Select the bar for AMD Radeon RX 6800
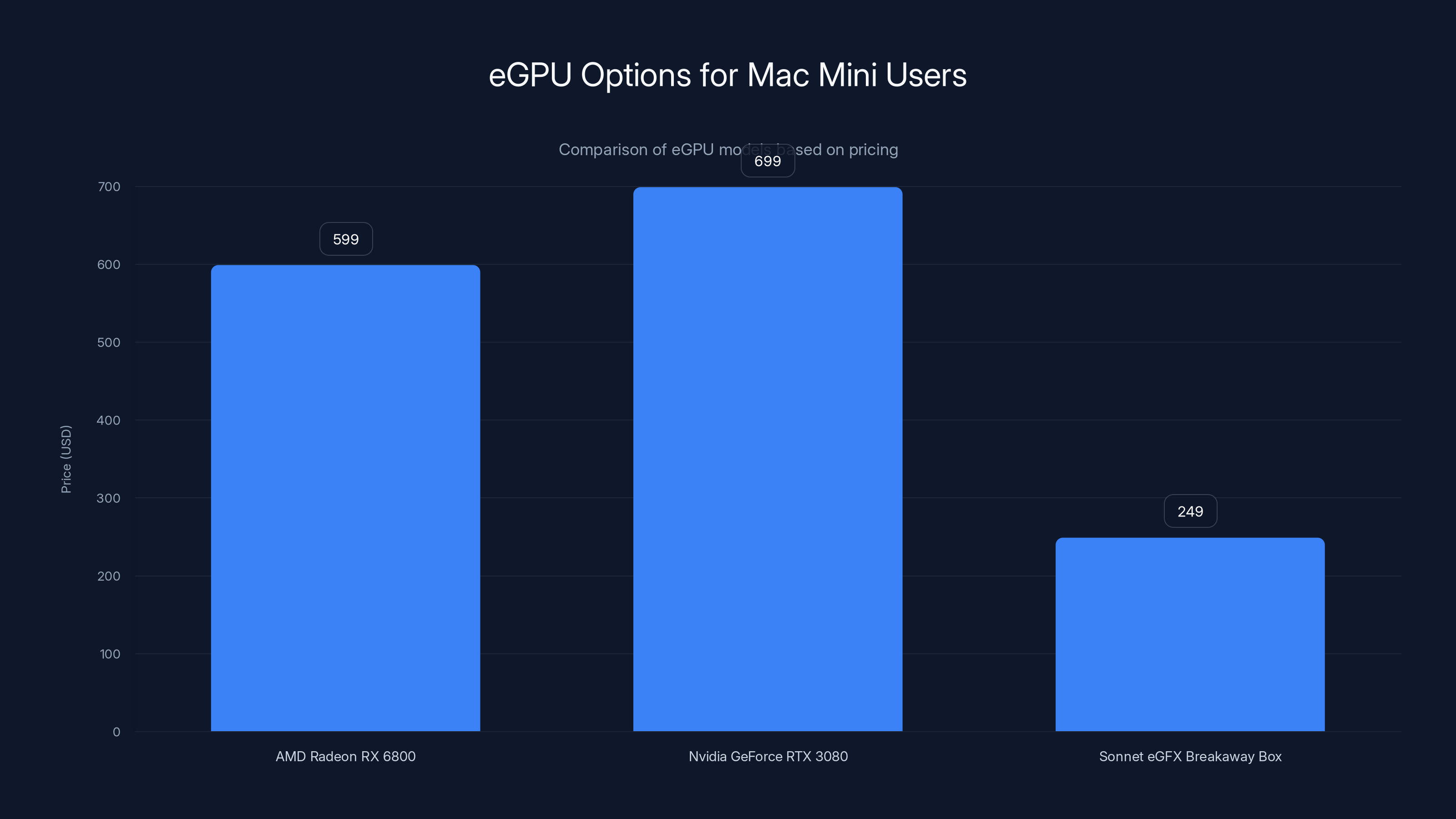pos(345,498)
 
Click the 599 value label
pos(346,239)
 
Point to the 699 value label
pos(768,161)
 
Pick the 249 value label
pos(1190,511)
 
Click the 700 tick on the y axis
pos(109,187)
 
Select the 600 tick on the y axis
pos(109,264)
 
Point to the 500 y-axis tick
pos(109,343)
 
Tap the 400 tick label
pos(109,420)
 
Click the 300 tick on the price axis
pos(109,498)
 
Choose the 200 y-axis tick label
pos(109,576)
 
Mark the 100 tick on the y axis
pos(110,654)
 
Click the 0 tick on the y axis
pos(116,732)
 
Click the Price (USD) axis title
pos(66,459)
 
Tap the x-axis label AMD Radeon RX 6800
pos(345,756)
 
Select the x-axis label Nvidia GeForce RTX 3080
pos(768,756)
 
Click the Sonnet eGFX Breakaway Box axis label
pos(1190,756)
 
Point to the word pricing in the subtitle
pos(873,150)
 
